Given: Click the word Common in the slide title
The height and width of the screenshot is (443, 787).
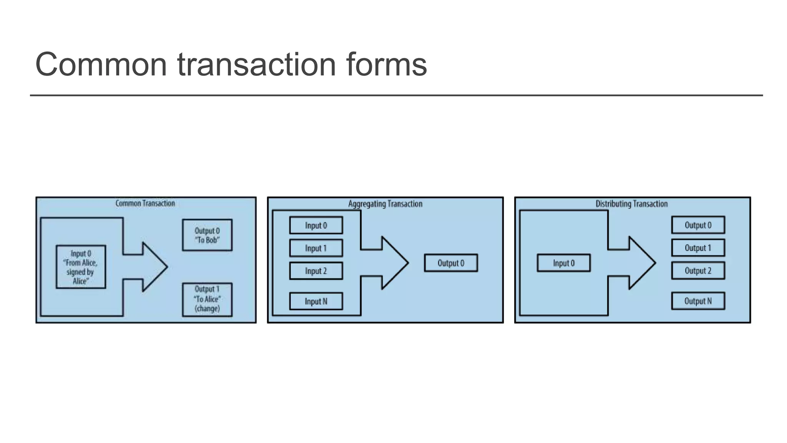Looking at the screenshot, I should (101, 64).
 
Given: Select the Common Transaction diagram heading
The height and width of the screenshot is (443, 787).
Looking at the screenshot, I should (145, 203).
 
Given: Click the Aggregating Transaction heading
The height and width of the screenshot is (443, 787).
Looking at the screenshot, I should (385, 204).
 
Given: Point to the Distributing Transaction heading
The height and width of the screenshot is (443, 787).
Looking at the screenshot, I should (632, 204).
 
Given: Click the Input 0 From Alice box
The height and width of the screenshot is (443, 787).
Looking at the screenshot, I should (81, 267).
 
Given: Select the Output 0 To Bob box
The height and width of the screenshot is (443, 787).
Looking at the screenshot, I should (207, 235).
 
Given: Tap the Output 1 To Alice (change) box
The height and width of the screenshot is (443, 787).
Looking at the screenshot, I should (207, 300).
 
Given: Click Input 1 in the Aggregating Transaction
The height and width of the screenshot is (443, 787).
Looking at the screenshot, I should (316, 248).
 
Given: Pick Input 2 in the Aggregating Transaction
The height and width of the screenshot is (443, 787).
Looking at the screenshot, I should (316, 271).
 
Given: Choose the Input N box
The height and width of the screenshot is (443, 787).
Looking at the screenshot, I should (316, 301).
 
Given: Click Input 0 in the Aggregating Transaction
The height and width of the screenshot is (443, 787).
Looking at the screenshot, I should (316, 225).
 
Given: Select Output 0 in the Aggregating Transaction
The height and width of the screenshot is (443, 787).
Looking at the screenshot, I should (451, 263).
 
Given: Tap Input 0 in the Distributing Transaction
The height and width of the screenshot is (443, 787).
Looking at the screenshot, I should (564, 263).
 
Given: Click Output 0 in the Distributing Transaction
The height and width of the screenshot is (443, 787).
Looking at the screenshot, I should (698, 225).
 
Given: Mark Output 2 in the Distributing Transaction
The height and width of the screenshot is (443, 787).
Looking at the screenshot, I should (698, 270).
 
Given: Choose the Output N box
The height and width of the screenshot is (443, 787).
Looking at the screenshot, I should (698, 301).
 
